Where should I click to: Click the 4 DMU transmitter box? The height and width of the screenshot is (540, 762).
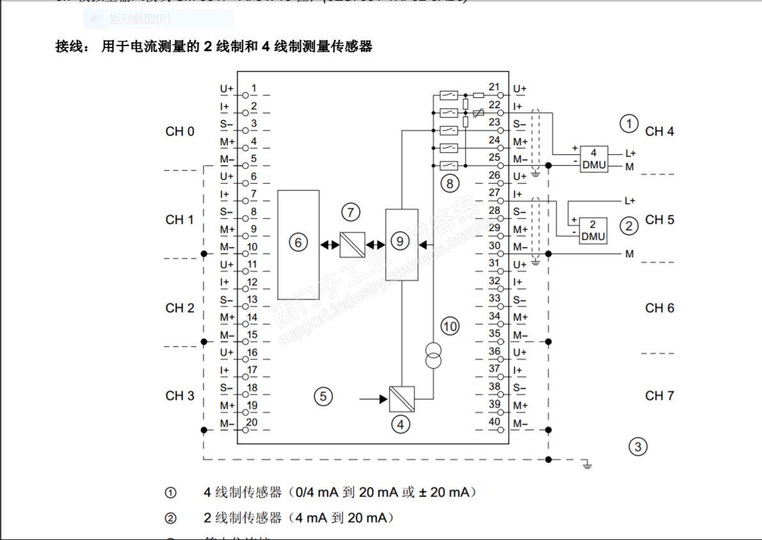tap(593, 159)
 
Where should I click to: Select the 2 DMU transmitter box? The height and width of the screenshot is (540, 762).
tap(592, 230)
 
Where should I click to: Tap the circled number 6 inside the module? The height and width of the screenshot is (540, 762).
tap(298, 242)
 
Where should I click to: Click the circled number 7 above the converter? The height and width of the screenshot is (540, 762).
tap(351, 212)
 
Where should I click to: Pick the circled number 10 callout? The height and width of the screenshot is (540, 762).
tap(450, 326)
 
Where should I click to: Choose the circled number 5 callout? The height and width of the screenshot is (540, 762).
tap(323, 397)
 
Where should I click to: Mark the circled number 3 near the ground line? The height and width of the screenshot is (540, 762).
tap(637, 446)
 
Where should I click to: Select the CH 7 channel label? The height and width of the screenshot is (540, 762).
tap(659, 396)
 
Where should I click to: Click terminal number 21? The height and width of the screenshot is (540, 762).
tap(494, 87)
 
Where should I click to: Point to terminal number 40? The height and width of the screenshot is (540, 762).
tap(494, 421)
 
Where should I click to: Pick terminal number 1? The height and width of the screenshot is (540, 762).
tap(253, 88)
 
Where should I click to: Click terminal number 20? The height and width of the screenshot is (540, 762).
tap(251, 422)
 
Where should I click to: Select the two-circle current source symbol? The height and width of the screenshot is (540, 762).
tap(433, 356)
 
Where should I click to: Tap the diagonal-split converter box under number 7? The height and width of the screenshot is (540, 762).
tap(352, 244)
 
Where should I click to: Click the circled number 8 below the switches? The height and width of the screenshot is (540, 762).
tap(450, 184)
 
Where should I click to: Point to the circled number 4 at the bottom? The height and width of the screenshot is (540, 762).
tap(401, 424)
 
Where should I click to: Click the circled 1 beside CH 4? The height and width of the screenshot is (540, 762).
tap(630, 123)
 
